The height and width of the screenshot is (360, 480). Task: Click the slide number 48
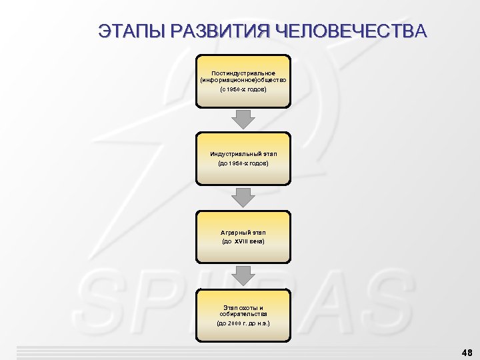point(466,351)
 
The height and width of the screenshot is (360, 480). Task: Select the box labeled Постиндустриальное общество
point(243,81)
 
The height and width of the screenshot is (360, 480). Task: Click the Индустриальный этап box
point(243,159)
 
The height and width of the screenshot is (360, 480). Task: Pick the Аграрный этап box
point(243,237)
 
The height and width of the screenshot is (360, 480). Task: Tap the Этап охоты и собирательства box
point(243,315)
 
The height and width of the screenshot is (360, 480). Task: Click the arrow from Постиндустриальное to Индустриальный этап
point(243,119)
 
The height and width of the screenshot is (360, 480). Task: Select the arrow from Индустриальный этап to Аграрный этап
point(243,197)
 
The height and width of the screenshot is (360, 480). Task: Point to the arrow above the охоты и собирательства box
point(243,276)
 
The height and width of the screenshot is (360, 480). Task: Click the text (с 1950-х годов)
point(243,89)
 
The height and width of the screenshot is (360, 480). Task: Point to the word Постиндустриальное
point(243,72)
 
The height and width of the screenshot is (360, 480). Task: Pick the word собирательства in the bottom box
point(243,314)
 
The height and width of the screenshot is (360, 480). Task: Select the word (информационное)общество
point(243,80)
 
